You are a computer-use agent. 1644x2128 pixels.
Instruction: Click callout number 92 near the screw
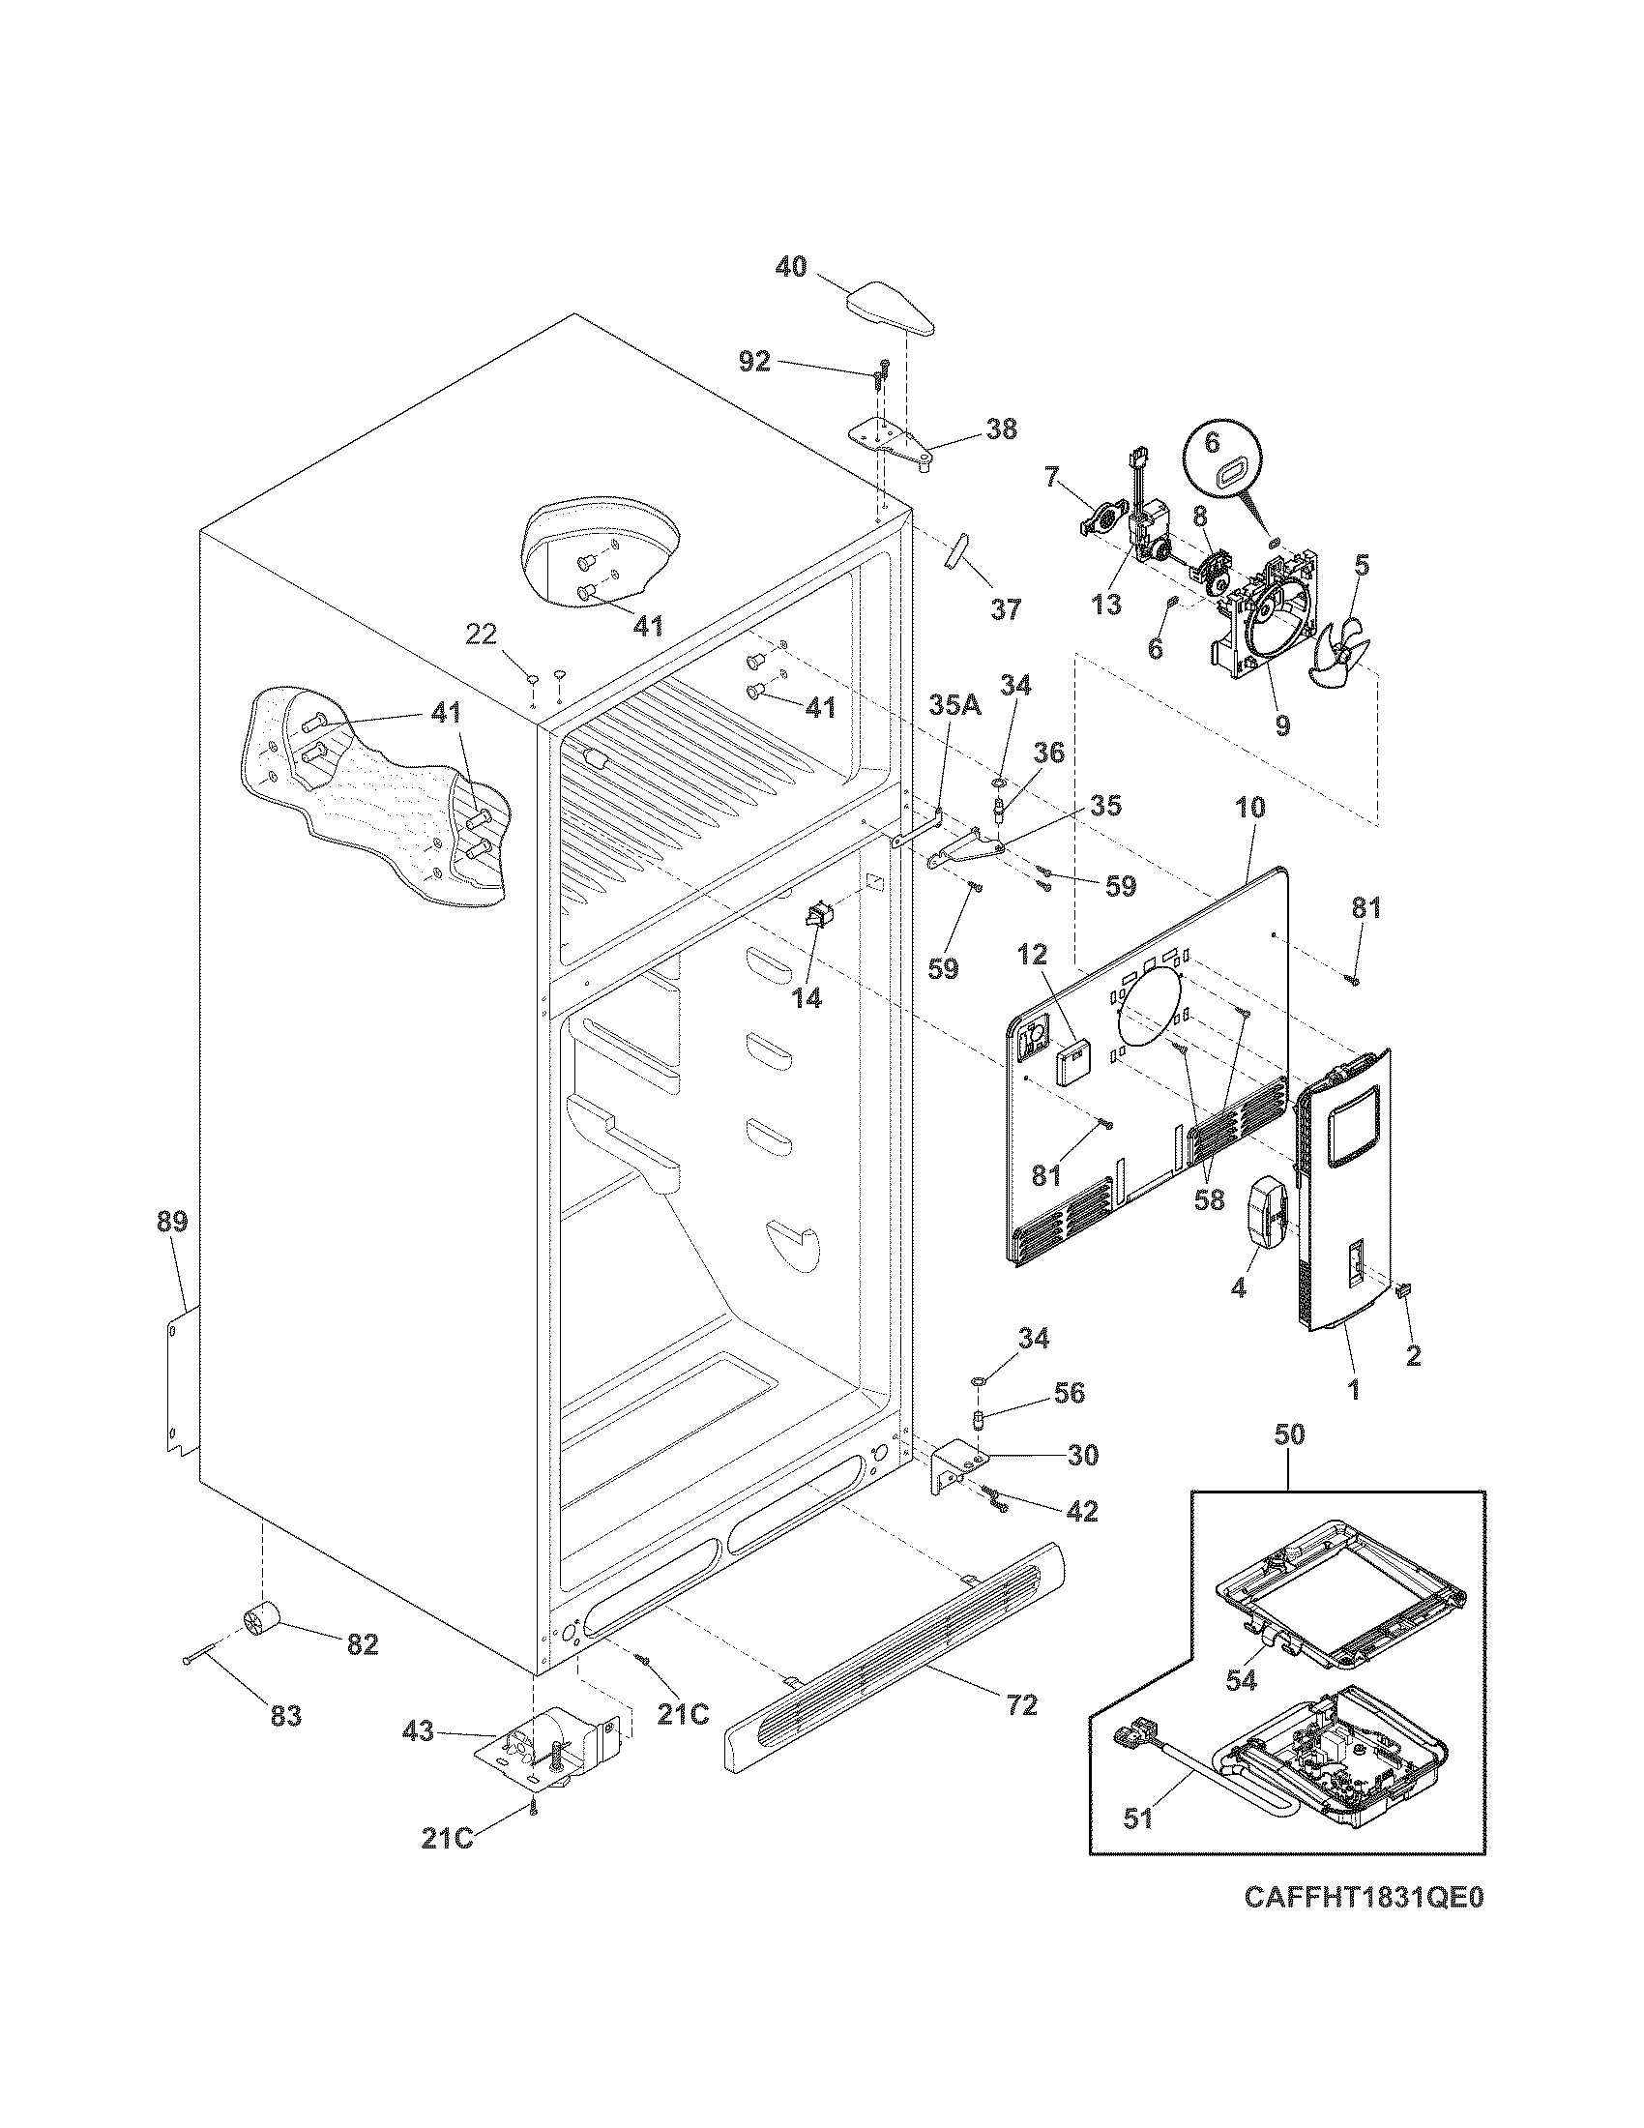tap(754, 362)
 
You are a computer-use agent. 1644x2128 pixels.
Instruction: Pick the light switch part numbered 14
tap(815, 916)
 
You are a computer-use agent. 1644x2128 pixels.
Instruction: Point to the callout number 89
tap(172, 1222)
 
